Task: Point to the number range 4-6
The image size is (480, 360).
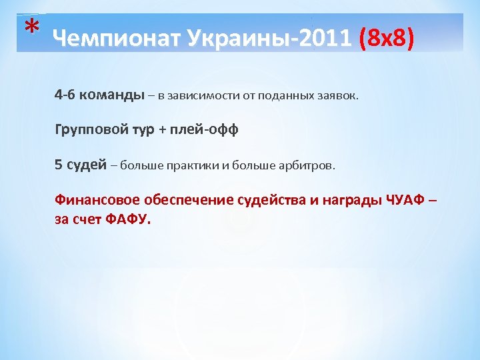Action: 65,95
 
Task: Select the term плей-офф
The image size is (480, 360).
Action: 207,129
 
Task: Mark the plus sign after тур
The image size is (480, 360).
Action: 163,129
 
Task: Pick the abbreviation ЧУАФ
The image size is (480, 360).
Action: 404,200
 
